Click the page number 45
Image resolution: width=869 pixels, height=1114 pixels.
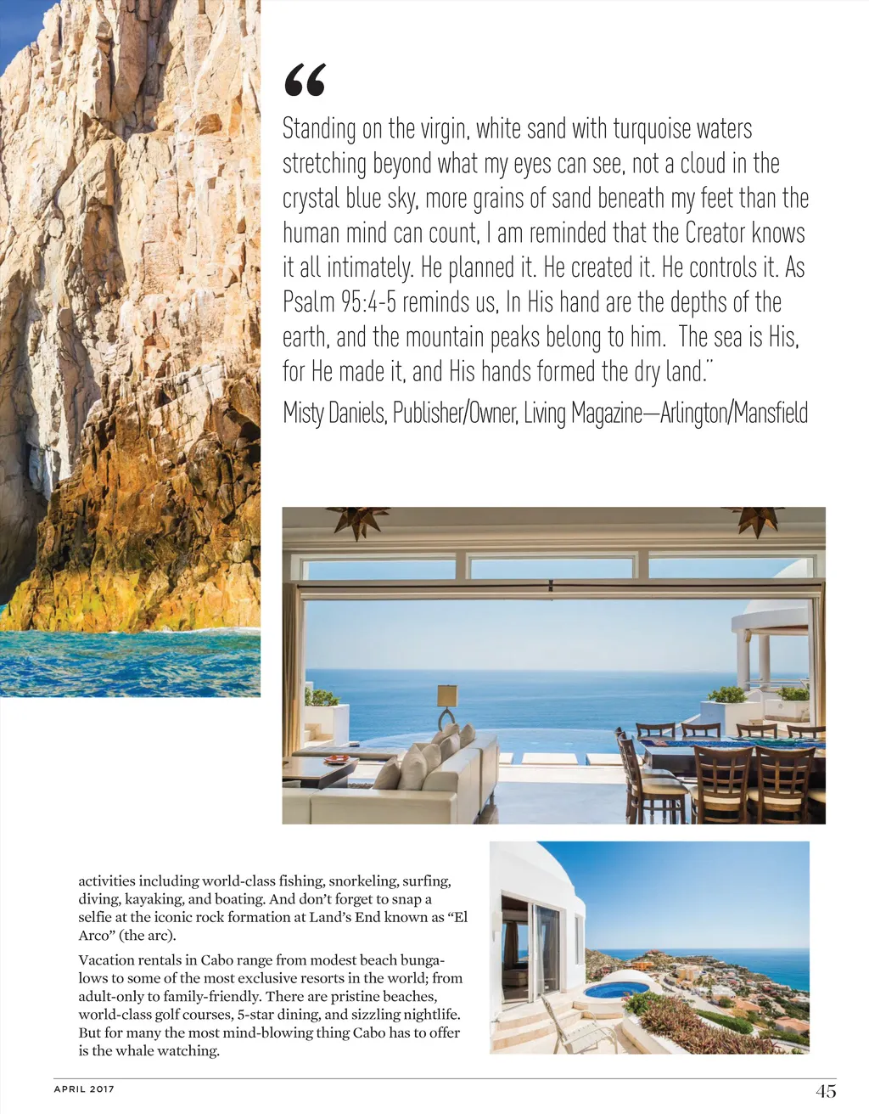pyautogui.click(x=826, y=1091)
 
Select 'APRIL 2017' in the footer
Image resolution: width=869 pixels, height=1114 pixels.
pyautogui.click(x=84, y=1089)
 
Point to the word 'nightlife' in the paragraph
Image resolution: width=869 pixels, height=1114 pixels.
pyautogui.click(x=429, y=1015)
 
